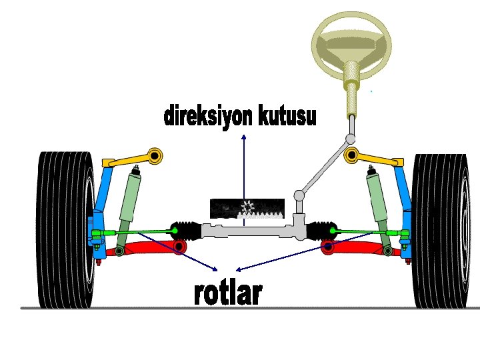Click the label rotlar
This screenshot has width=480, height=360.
point(228,293)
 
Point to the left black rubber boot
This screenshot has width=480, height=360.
point(185,231)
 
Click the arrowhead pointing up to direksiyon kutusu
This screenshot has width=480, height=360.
point(244,137)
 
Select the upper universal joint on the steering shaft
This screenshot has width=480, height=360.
point(350,139)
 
